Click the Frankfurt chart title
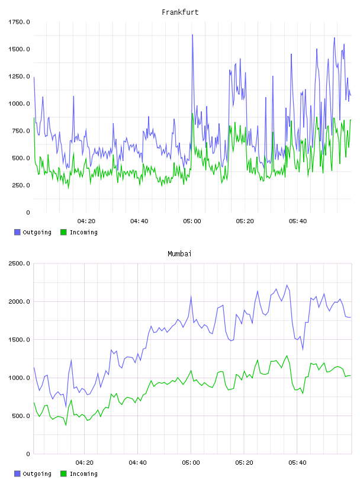(180, 12)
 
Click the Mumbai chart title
(179, 254)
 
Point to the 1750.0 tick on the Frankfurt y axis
(19, 22)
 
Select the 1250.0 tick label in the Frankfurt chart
(19, 76)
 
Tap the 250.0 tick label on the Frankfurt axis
(21, 185)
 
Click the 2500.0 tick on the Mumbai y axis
(19, 263)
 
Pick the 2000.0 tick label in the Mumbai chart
(19, 301)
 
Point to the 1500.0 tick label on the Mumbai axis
(19, 339)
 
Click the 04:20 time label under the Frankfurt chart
(86, 221)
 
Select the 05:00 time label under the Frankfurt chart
(192, 221)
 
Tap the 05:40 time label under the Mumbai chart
(297, 463)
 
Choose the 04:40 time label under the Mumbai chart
(138, 463)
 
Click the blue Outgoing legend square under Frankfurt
(17, 232)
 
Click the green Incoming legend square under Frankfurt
(63, 232)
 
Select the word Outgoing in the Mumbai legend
(37, 474)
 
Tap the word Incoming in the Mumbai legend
(83, 474)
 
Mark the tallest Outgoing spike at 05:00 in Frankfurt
(192, 35)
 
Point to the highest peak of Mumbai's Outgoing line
(287, 285)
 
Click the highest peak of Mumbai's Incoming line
(287, 356)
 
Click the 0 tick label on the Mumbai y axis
(28, 454)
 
